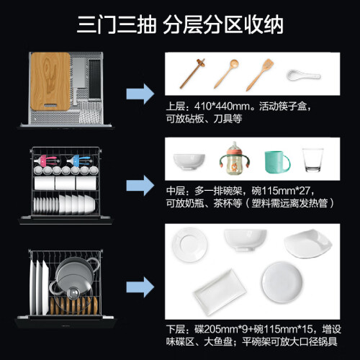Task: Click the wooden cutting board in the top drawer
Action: pos(50,81)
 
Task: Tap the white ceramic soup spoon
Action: pos(303,75)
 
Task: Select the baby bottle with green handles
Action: pos(234,158)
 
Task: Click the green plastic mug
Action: pos(276,162)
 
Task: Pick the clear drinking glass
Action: pos(312,160)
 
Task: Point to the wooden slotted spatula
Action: pos(260,75)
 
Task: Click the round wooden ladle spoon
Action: pos(226,74)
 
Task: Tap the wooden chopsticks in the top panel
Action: pos(192,73)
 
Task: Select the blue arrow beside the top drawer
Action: pos(140,94)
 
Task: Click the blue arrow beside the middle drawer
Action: pos(140,185)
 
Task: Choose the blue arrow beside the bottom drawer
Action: pos(140,287)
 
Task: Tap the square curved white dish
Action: pos(308,243)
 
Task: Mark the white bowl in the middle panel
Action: pos(189,161)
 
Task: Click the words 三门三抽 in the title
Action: pos(117,25)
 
